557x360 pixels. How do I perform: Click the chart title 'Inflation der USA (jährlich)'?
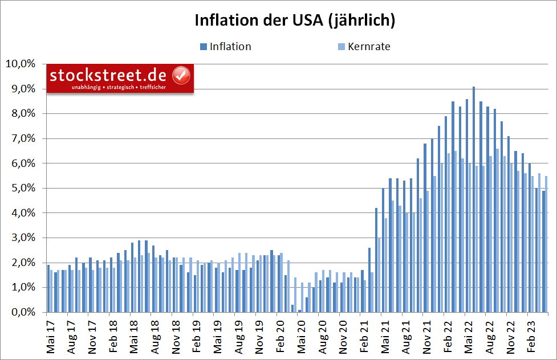295,20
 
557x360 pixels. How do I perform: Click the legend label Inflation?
230,47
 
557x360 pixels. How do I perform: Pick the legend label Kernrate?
368,47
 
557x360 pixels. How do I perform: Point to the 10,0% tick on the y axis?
21,64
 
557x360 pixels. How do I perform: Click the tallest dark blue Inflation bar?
473,199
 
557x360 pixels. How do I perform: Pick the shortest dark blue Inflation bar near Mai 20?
300,311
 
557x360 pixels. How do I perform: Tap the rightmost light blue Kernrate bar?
546,245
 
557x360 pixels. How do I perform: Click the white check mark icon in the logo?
181,75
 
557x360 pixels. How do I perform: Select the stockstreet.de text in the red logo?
108,75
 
